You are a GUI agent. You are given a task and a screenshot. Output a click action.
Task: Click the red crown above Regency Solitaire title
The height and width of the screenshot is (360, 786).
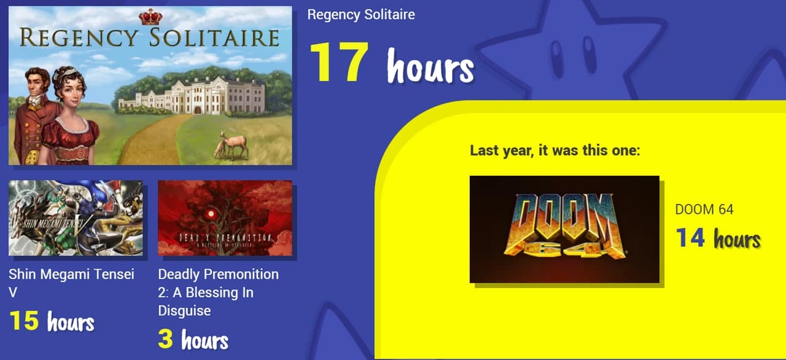point(150,17)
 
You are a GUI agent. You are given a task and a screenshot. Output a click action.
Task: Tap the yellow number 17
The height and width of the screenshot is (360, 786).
point(339,62)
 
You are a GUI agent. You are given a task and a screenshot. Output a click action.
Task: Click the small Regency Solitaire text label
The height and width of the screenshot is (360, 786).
point(361,15)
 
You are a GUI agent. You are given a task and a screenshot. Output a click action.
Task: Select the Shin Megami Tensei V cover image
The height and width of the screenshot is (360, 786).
point(76,218)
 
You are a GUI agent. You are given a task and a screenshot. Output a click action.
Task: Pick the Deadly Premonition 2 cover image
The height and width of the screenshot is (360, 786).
point(225,218)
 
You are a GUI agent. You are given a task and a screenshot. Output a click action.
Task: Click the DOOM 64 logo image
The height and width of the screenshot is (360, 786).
point(564,229)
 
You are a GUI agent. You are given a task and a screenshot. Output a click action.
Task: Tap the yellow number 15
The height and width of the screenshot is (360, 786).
point(24,320)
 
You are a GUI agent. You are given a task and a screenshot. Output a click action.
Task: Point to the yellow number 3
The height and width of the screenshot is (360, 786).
point(165,338)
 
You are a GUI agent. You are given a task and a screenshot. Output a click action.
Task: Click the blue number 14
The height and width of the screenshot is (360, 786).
point(690,238)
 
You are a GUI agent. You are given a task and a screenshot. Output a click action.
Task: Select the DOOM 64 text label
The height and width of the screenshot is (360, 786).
point(704,209)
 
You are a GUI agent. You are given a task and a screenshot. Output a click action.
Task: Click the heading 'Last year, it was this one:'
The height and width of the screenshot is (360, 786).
point(555,151)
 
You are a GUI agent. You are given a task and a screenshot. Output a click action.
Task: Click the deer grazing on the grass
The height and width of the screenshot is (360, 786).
point(232,144)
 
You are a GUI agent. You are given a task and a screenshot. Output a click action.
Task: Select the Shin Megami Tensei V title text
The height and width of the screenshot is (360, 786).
point(72,283)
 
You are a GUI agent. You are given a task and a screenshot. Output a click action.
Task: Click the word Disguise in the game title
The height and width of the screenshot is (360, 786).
point(184,311)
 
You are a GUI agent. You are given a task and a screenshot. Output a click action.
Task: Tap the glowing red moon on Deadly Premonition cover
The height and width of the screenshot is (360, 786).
point(211,214)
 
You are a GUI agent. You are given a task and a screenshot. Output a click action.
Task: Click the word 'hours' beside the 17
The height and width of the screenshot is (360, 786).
point(431,66)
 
